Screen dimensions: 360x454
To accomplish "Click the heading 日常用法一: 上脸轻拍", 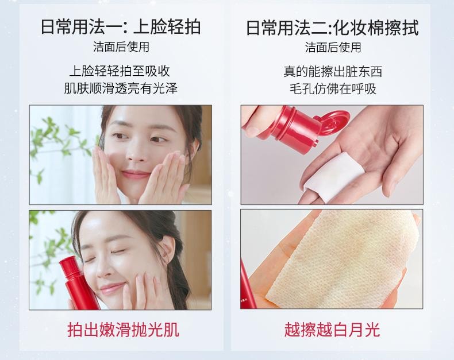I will pyautogui.click(x=121, y=26).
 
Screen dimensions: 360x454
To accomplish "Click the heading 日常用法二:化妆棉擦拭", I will pyautogui.click(x=332, y=26).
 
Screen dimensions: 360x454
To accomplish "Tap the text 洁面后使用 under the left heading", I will pyautogui.click(x=121, y=47).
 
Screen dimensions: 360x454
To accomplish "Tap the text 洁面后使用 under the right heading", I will pyautogui.click(x=333, y=47).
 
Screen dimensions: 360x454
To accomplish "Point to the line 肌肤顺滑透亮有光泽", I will pyautogui.click(x=120, y=89).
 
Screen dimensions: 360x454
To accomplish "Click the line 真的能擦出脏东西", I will pyautogui.click(x=332, y=72).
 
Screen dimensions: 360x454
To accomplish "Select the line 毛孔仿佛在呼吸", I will pyautogui.click(x=333, y=89).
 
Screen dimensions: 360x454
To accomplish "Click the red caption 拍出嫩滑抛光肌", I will pyautogui.click(x=123, y=329).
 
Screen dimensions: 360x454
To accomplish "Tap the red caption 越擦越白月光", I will pyautogui.click(x=332, y=329).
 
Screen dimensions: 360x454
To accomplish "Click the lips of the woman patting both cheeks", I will pyautogui.click(x=136, y=173).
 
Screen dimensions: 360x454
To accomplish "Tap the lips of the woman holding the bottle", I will pyautogui.click(x=114, y=287).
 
